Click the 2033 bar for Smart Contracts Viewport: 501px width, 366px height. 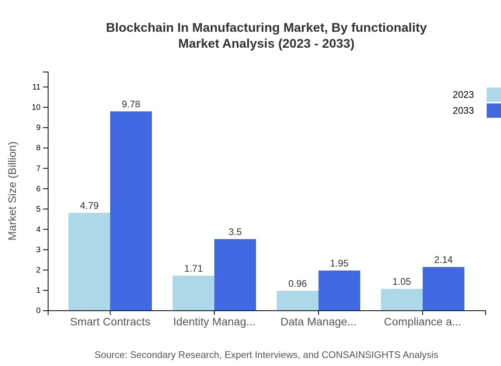(x=131, y=211)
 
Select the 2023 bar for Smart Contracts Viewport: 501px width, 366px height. (x=89, y=261)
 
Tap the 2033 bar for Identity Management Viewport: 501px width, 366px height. (x=235, y=274)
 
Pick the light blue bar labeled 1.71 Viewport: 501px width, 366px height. (x=193, y=293)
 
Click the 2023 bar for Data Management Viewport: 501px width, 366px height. (x=297, y=300)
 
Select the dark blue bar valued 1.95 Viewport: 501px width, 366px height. (x=339, y=290)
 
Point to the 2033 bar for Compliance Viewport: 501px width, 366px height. (x=443, y=288)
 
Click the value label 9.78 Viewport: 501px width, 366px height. (x=131, y=104)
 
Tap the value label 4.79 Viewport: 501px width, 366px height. (x=89, y=206)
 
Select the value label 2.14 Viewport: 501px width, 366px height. (x=443, y=260)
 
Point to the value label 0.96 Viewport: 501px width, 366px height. (x=297, y=284)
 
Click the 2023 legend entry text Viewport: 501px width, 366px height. (x=463, y=95)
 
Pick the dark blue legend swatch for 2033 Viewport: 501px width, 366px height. (x=493, y=111)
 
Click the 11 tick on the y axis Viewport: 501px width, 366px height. (x=36, y=87)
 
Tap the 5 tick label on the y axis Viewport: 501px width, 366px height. (x=38, y=209)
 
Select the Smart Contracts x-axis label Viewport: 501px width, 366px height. (x=110, y=321)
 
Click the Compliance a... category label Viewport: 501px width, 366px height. (x=422, y=321)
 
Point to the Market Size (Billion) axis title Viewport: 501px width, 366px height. (x=13, y=191)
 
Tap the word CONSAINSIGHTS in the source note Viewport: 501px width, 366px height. (x=360, y=354)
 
